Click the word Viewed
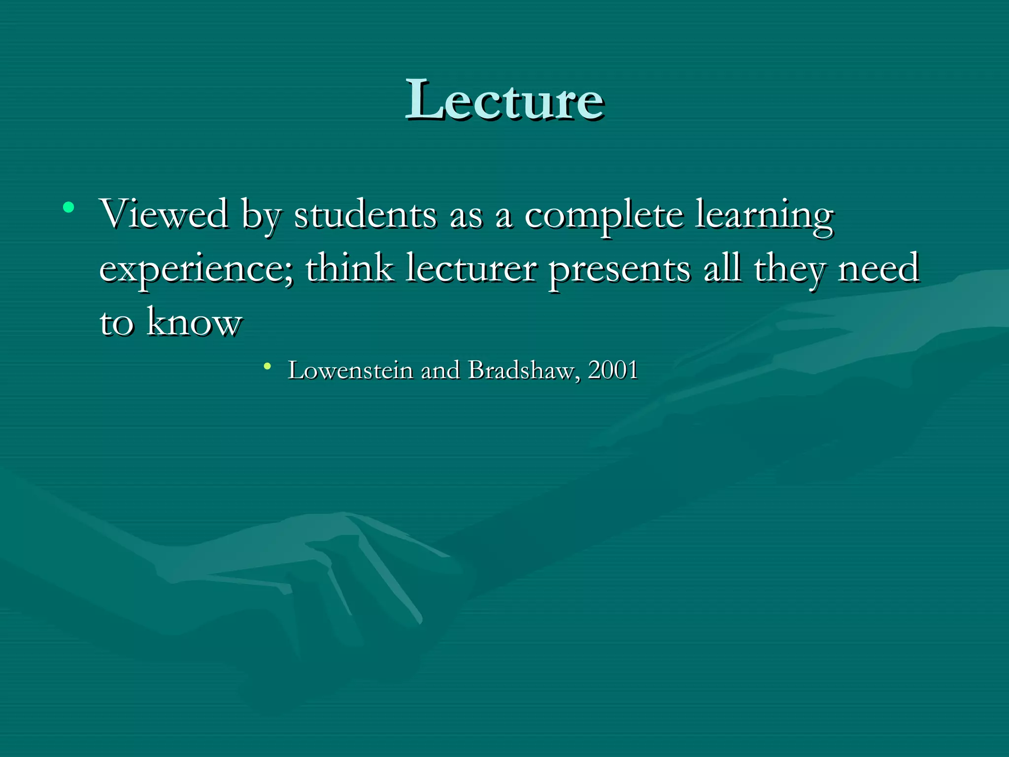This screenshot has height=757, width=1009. click(x=164, y=214)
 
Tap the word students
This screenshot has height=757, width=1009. click(x=365, y=215)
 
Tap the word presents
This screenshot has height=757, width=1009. click(x=620, y=270)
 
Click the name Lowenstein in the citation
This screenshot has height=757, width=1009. click(x=350, y=370)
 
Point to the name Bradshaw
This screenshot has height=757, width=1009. click(x=521, y=370)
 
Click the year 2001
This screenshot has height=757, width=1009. click(x=613, y=370)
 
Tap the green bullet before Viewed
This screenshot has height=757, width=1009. click(x=68, y=207)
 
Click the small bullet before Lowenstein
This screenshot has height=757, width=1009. click(x=267, y=366)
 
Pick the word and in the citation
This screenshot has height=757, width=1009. click(x=440, y=370)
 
